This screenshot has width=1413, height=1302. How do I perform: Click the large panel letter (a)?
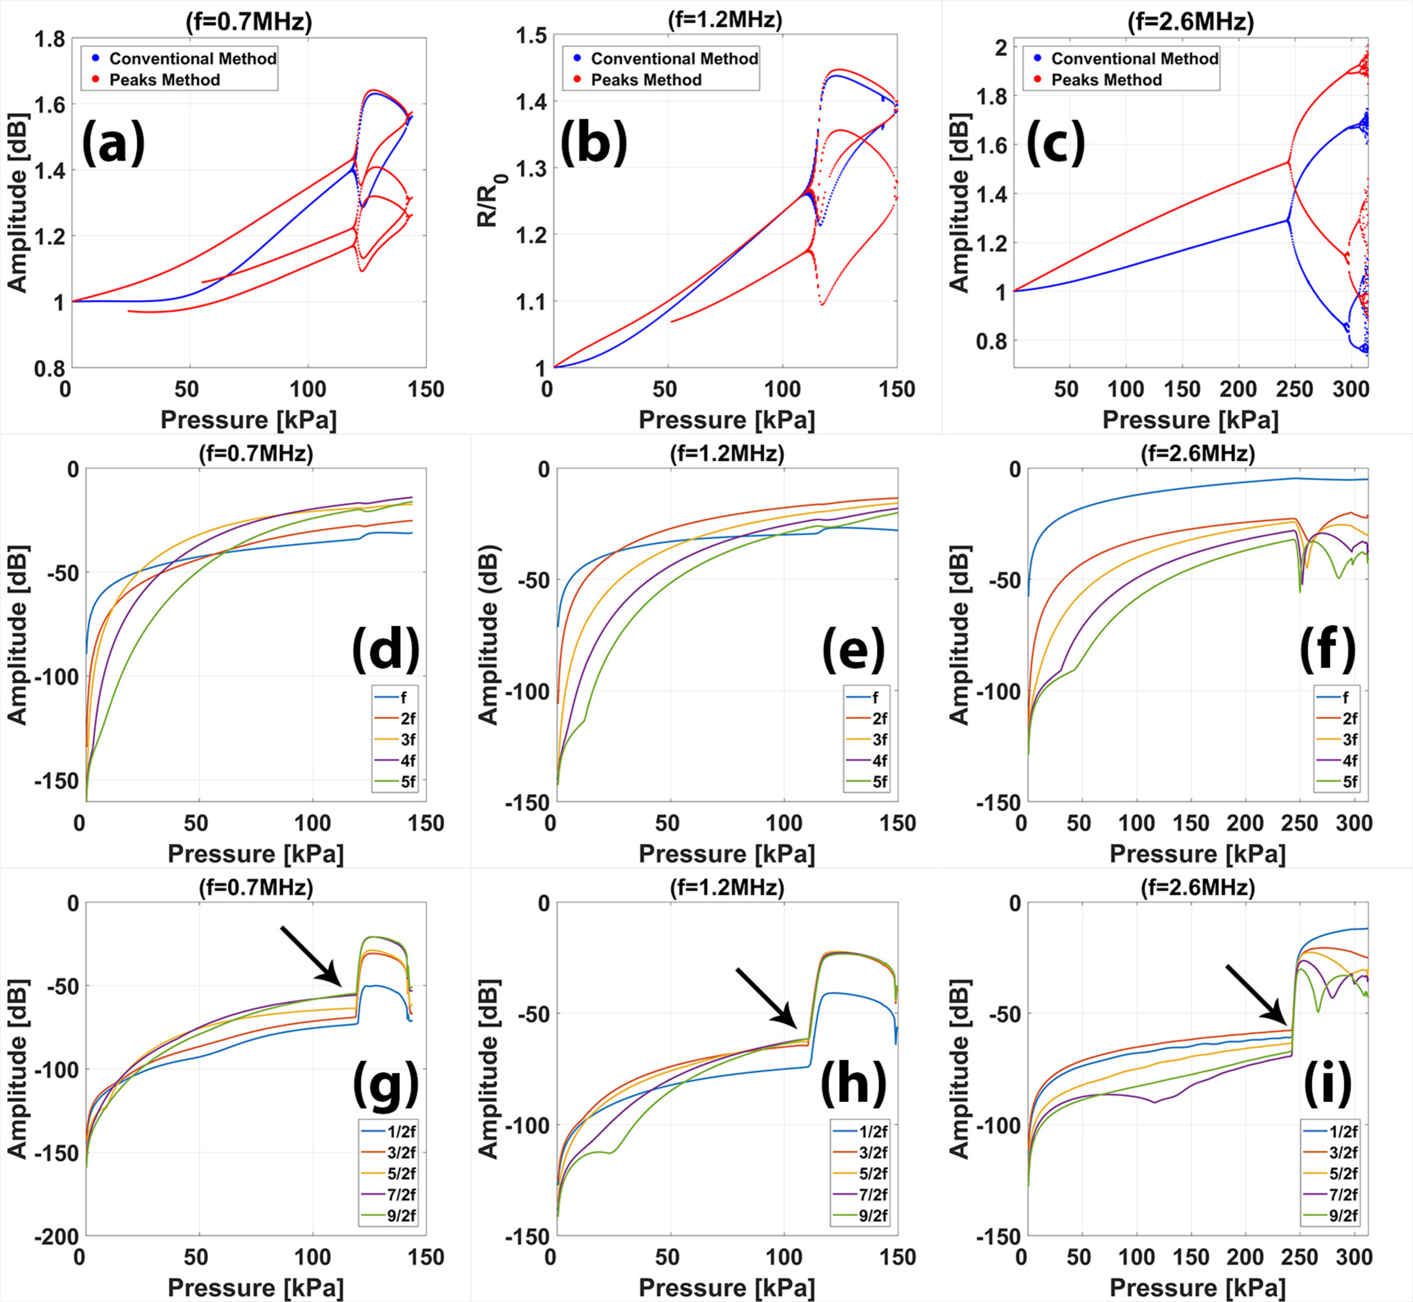(x=113, y=142)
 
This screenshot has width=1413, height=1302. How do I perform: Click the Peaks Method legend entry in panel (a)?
(x=164, y=80)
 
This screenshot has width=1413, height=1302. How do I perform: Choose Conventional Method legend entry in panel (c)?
(x=1134, y=58)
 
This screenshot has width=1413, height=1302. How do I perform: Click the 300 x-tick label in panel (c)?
(x=1350, y=390)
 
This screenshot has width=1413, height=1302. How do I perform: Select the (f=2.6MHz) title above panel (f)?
(x=1197, y=454)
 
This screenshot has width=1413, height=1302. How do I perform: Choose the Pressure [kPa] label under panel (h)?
(x=726, y=1288)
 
